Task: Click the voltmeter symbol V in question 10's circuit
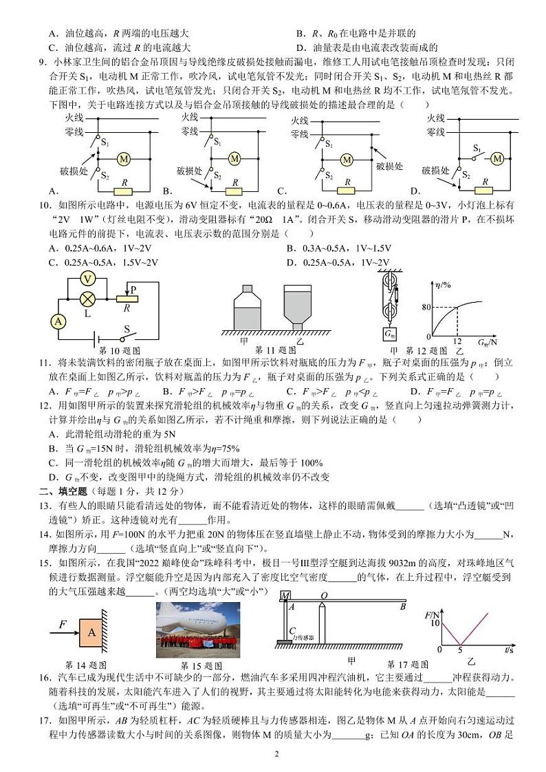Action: tap(87, 279)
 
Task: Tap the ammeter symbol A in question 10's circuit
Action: tap(59, 321)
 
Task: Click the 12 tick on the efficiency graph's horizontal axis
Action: tap(458, 341)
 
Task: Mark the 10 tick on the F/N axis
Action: tap(433, 623)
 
